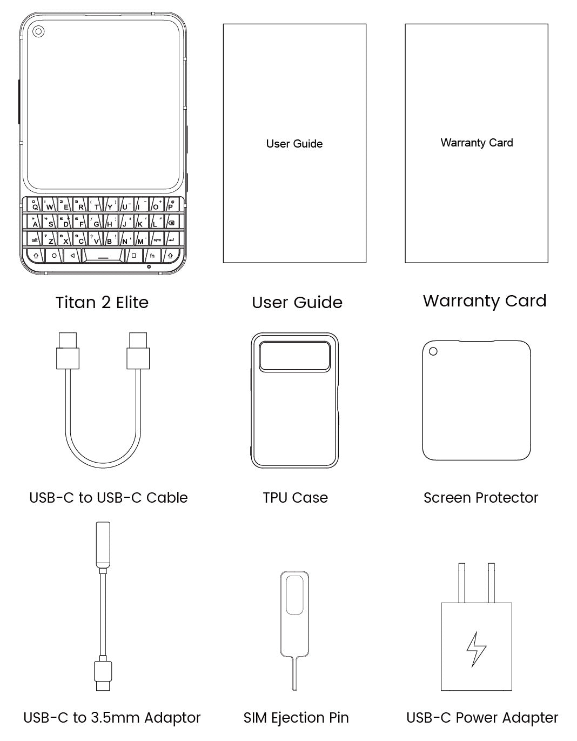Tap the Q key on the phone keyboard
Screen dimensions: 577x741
tap(35, 205)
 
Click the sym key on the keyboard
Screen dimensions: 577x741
tap(157, 239)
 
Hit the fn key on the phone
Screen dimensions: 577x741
tap(152, 256)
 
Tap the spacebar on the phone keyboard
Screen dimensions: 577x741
tap(103, 256)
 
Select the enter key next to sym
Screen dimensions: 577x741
tap(171, 239)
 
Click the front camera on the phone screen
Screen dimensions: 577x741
tap(38, 32)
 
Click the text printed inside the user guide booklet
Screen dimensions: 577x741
tap(294, 144)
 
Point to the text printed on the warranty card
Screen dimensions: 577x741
tap(477, 143)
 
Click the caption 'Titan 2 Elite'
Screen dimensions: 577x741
tap(102, 303)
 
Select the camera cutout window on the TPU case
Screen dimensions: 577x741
tap(294, 356)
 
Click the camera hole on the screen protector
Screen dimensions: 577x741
tap(433, 351)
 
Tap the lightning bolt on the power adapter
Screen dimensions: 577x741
tap(476, 649)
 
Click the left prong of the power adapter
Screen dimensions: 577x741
tap(461, 583)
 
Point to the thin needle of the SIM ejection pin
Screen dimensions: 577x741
tap(294, 673)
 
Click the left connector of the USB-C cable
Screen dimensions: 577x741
tap(68, 351)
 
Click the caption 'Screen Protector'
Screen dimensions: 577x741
tap(480, 498)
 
